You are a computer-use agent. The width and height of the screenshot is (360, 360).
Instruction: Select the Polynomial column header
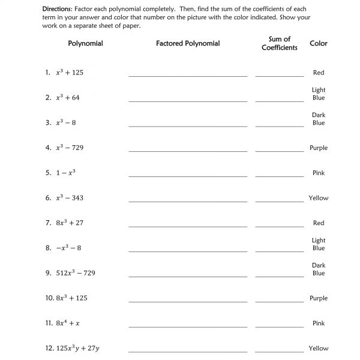85,43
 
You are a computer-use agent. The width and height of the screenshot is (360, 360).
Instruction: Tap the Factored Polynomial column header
187,43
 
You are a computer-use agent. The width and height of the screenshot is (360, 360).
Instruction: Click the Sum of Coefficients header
279,43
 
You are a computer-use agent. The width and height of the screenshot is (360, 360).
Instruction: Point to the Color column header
318,43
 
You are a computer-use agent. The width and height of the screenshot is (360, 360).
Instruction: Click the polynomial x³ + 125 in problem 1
70,73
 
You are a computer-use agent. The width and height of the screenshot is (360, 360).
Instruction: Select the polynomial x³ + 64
67,97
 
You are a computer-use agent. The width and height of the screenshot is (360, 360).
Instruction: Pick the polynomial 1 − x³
65,173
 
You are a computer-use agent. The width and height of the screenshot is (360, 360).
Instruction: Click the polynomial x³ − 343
70,198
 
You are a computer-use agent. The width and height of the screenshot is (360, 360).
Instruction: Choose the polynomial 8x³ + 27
70,223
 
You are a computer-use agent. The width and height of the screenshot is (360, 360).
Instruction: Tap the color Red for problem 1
318,73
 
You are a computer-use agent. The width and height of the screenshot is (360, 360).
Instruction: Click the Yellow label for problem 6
318,198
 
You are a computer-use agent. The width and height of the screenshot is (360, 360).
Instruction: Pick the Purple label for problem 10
318,298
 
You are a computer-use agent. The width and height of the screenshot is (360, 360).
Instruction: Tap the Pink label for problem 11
318,323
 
